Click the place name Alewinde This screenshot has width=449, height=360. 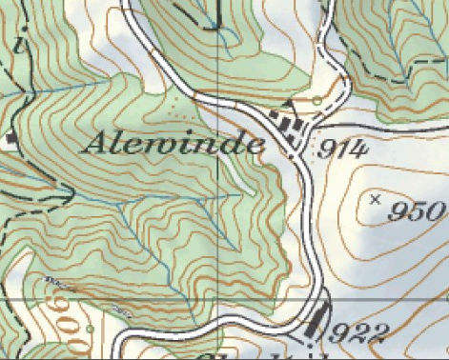(174, 143)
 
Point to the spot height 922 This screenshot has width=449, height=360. (359, 331)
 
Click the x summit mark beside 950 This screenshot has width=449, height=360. (374, 199)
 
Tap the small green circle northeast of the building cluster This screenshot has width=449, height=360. (317, 99)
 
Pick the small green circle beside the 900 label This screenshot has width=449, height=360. (89, 330)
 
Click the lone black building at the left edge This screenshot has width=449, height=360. (10, 139)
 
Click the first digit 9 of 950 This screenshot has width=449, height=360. (397, 211)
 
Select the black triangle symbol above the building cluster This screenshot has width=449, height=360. (289, 105)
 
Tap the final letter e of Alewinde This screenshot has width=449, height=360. (255, 145)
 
